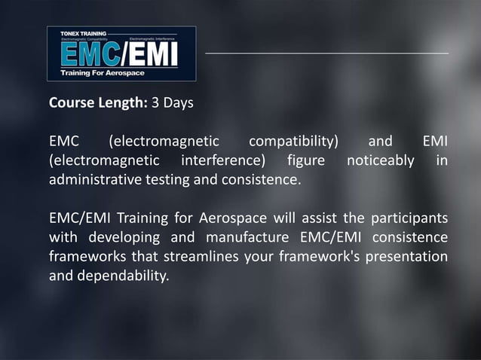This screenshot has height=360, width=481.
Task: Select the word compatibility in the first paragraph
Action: click(293, 142)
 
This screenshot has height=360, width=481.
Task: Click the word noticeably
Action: click(381, 161)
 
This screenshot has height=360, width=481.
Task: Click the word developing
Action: click(124, 239)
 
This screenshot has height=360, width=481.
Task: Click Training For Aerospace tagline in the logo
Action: click(103, 73)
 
